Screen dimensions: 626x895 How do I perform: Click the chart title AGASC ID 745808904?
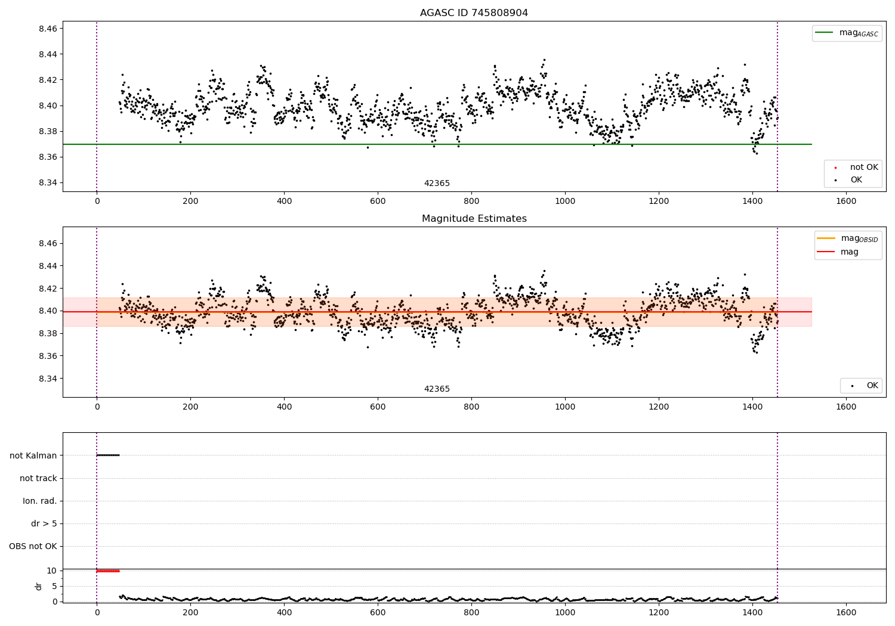click(x=474, y=13)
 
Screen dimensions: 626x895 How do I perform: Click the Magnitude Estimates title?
click(x=474, y=219)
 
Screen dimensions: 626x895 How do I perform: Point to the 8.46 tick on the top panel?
click(x=48, y=29)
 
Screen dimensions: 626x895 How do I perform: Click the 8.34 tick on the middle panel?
click(x=48, y=379)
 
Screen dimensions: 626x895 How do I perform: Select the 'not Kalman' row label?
click(x=33, y=455)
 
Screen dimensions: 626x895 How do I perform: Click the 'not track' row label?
click(x=38, y=478)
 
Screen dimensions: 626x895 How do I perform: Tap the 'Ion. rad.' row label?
click(x=40, y=501)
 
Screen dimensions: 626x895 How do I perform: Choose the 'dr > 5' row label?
click(x=44, y=523)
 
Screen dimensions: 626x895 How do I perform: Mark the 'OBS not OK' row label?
click(x=33, y=546)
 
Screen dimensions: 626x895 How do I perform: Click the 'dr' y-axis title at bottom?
click(x=39, y=586)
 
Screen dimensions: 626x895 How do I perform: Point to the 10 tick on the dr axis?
click(x=52, y=571)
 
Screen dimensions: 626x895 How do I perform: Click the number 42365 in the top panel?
click(x=437, y=184)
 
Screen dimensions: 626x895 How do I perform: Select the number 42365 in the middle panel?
click(x=437, y=389)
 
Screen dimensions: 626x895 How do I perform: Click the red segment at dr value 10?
click(x=108, y=571)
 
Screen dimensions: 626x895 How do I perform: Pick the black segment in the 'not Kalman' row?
click(x=108, y=455)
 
